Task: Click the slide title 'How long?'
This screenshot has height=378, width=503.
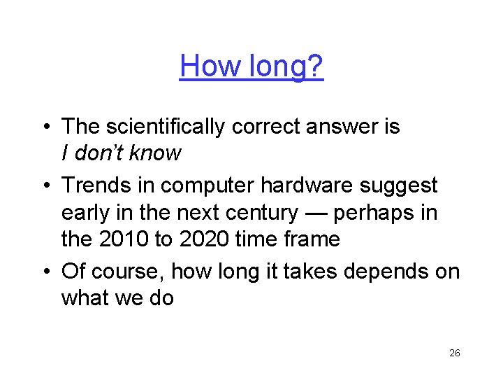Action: click(251, 66)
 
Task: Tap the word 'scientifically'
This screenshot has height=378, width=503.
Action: click(167, 127)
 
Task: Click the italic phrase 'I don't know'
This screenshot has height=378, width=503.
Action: click(122, 153)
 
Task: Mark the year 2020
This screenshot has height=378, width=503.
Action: click(203, 239)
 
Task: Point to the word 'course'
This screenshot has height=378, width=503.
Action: click(123, 271)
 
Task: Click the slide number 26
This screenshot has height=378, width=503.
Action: click(454, 353)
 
